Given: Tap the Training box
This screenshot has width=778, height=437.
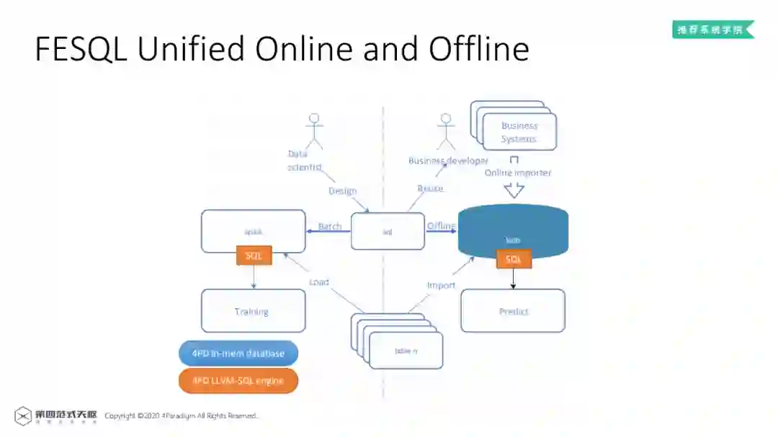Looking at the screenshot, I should [253, 311].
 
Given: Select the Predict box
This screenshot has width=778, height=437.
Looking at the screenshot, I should [513, 311].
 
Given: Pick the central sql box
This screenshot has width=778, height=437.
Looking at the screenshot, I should [388, 232].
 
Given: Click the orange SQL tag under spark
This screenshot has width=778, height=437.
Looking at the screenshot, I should [254, 256].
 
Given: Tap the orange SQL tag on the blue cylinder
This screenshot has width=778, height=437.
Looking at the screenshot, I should [514, 259].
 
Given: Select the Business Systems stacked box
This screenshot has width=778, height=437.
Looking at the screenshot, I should [519, 131].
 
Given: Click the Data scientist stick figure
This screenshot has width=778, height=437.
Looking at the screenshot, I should [314, 130].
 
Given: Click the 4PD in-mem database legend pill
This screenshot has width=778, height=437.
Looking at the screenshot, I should [238, 353].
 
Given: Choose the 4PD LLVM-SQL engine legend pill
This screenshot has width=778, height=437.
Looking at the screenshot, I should [238, 381].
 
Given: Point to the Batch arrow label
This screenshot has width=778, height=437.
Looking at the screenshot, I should [330, 227].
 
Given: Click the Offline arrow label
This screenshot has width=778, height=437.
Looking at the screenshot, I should [441, 226].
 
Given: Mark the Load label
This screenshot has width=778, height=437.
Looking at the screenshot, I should [319, 282].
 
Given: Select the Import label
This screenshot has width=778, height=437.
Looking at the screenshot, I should [441, 286].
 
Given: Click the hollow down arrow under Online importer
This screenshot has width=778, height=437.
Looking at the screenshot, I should [514, 190].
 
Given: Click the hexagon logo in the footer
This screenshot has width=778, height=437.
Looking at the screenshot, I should [23, 416].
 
